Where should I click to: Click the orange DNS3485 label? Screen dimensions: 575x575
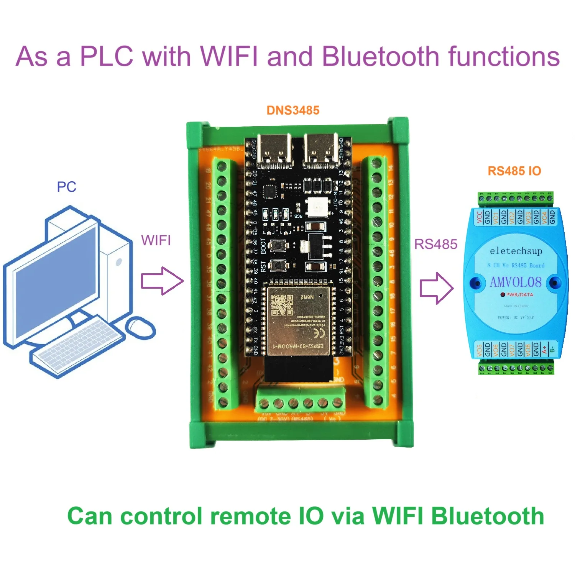[293, 110]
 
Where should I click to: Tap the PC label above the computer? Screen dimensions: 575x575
[67, 187]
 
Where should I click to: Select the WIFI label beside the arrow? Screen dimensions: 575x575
[156, 241]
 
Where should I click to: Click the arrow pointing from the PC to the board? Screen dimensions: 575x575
[162, 281]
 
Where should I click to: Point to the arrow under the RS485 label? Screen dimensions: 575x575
[437, 288]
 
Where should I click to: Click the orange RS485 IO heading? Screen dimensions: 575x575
[514, 171]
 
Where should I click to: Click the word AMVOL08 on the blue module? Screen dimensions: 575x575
[516, 283]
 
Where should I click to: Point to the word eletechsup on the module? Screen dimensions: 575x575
[516, 251]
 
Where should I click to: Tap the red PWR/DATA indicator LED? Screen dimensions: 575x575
[503, 295]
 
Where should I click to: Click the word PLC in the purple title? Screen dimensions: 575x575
[107, 56]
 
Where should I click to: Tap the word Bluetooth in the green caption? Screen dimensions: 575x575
[488, 516]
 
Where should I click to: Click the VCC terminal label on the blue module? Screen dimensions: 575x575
[479, 217]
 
